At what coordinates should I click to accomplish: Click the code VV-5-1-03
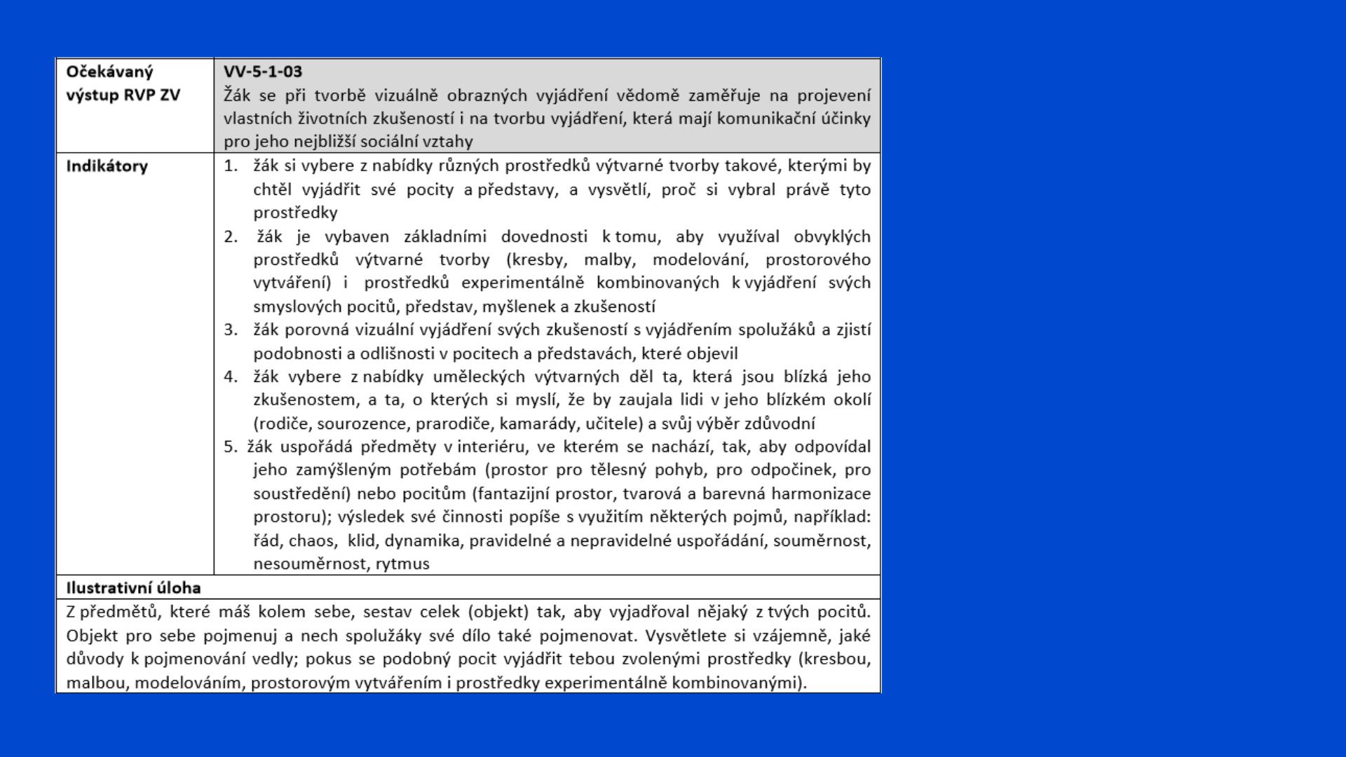tap(263, 71)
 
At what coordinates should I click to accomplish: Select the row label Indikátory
tap(107, 166)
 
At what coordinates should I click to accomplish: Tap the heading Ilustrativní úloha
tap(133, 587)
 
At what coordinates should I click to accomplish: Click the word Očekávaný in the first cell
tap(109, 71)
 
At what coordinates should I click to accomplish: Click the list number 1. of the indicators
tap(231, 166)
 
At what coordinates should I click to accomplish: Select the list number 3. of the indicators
tap(231, 329)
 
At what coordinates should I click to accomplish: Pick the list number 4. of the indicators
tap(231, 376)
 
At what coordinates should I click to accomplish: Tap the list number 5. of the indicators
tap(231, 446)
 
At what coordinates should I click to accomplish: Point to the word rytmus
tap(402, 564)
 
